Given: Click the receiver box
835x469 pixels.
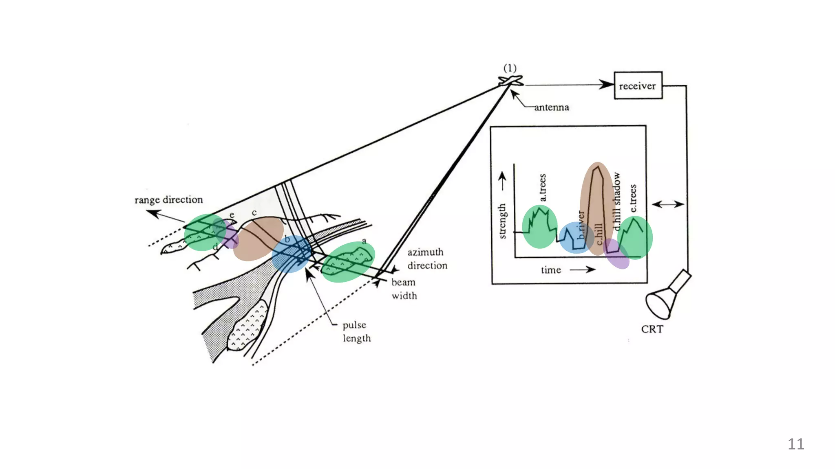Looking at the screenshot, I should coord(638,85).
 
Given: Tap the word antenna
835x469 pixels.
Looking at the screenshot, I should coord(551,107).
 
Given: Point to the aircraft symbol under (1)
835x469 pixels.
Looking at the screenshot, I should coord(510,81).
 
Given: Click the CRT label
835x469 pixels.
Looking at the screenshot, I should coord(652,329).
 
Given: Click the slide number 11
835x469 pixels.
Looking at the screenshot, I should coord(796,444).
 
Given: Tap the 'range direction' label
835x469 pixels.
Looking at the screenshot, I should coord(168,200).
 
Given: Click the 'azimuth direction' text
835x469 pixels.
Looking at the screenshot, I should coord(427,259).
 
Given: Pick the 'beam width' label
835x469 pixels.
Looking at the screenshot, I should coord(404,289).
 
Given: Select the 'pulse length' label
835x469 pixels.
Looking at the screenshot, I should coord(356,331).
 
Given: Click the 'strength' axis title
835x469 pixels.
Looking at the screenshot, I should coord(502,221).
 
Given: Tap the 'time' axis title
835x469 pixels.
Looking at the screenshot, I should coord(551,270).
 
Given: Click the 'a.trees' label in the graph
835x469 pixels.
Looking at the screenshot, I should coord(542,188).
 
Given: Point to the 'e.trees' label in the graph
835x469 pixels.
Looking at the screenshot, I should coord(633,198).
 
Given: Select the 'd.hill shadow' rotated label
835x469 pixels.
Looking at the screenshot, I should coord(616,201).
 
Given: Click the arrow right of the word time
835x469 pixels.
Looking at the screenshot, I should coord(582,270).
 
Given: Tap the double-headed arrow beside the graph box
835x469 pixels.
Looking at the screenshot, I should coord(667,204).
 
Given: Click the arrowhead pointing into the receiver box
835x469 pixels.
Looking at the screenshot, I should coord(606,85).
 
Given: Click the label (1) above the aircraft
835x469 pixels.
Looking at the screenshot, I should coord(510,68).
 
